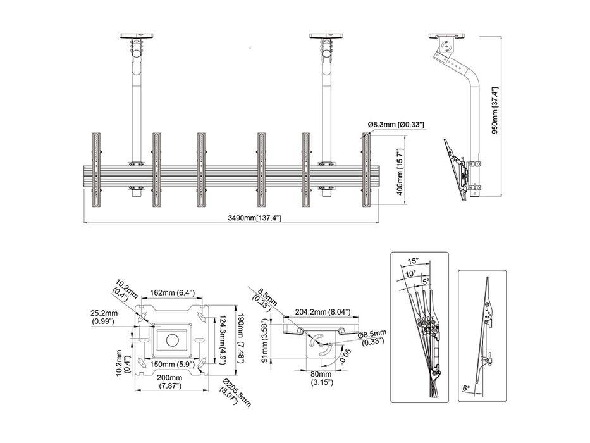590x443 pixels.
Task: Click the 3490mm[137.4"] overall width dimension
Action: coord(255,218)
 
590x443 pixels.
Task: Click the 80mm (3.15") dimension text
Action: coord(321,378)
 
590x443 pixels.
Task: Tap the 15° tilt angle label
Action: coord(413,259)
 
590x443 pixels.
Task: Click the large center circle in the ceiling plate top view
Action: coord(173,339)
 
